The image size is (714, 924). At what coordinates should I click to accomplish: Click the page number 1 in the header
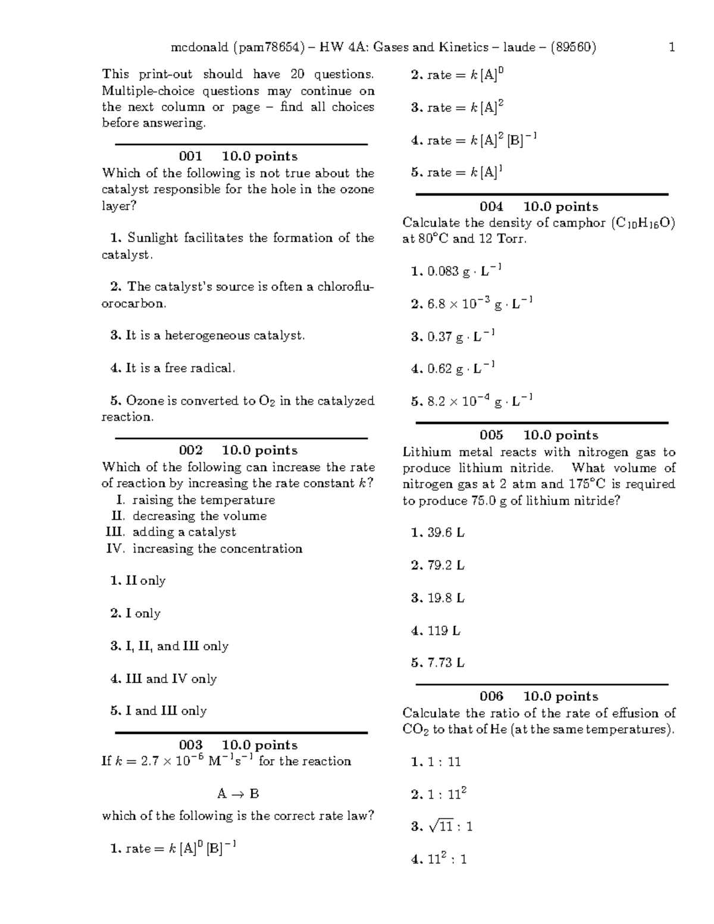coord(672,47)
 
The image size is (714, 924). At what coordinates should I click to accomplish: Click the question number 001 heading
coord(190,156)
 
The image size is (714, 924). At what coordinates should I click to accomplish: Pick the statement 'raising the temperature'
coord(203,500)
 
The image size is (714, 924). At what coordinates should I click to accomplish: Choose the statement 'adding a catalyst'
coord(184,532)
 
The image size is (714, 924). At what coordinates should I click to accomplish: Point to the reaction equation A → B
coord(238,794)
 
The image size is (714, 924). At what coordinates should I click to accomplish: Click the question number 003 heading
coord(190,745)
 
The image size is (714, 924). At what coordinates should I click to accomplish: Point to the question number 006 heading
coord(491,696)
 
